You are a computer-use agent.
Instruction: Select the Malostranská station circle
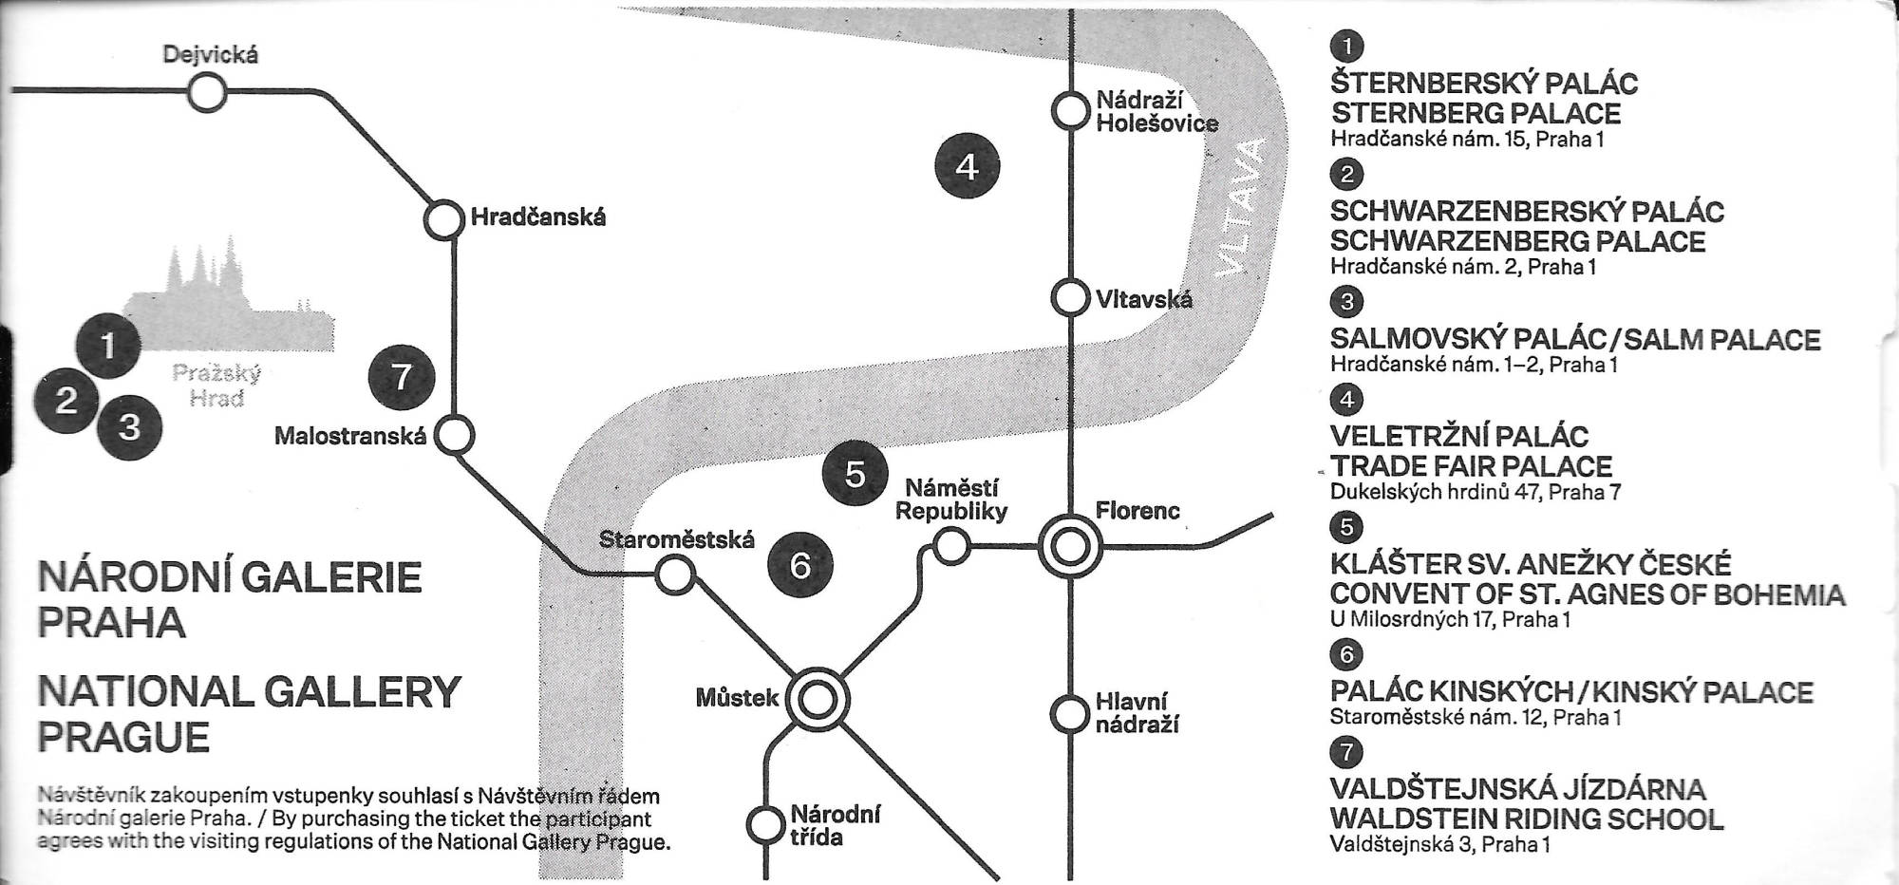455,436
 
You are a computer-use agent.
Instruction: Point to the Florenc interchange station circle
1070,547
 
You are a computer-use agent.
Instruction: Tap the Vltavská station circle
1070,298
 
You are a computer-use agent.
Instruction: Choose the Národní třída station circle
765,825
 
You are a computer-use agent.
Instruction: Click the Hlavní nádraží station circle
1070,713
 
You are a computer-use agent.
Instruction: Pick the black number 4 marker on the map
967,167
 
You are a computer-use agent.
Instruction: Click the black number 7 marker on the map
402,377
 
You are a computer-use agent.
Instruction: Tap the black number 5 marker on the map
855,473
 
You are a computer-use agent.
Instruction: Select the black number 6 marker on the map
800,565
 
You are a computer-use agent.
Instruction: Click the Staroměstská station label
676,540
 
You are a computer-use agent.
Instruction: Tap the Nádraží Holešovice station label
1156,111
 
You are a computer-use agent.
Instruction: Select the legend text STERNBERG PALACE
1475,114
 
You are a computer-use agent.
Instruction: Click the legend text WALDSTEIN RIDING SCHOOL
1526,819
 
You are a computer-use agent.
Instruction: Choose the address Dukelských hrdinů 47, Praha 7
1475,492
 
